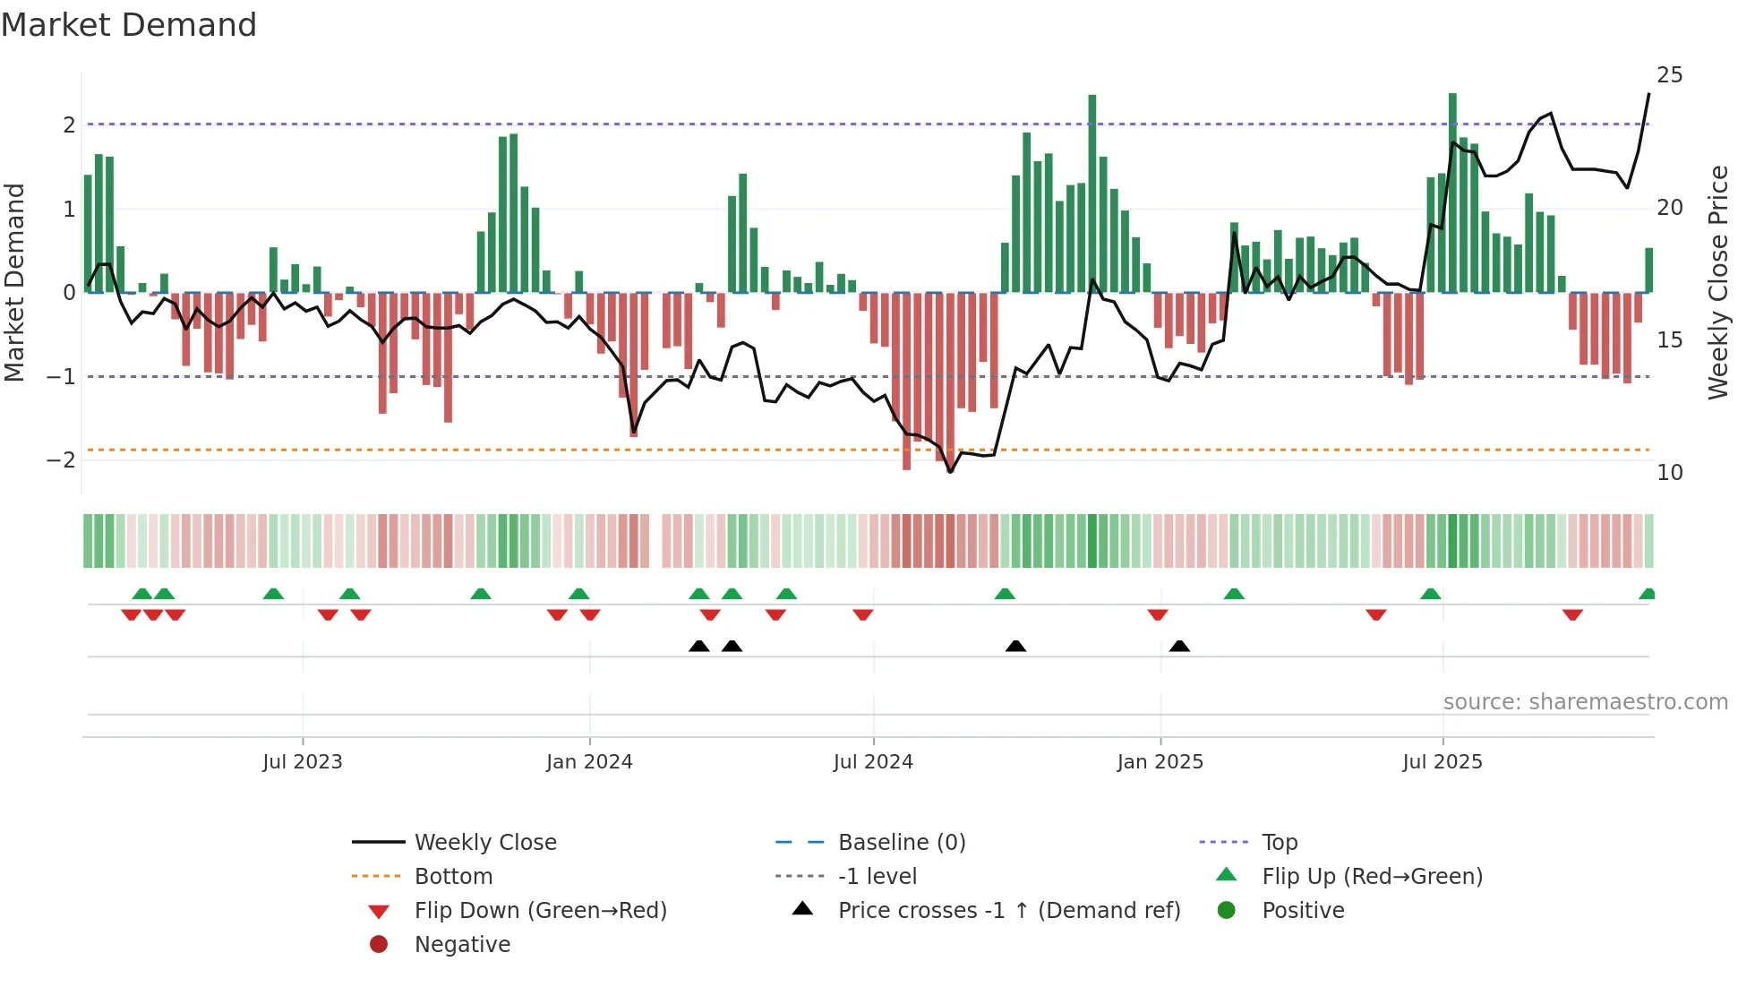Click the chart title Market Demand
coord(129,24)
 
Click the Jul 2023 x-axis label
coord(302,762)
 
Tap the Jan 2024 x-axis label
coord(589,762)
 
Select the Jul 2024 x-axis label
coord(873,762)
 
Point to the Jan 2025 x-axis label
coord(1160,762)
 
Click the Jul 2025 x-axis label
coord(1442,762)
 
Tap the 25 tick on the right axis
coord(1669,75)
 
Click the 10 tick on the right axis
coord(1669,473)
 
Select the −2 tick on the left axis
coord(61,460)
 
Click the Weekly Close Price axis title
coord(1717,282)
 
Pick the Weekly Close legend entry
coord(484,843)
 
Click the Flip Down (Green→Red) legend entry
coord(540,911)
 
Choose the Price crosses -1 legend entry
coord(1008,911)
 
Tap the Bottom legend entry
coord(453,877)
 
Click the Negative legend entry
coord(462,945)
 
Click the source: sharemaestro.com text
coord(1585,702)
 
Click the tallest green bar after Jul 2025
coord(1452,193)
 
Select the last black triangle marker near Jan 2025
coord(1179,647)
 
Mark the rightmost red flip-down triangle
coord(1572,614)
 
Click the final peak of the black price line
coord(1648,94)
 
